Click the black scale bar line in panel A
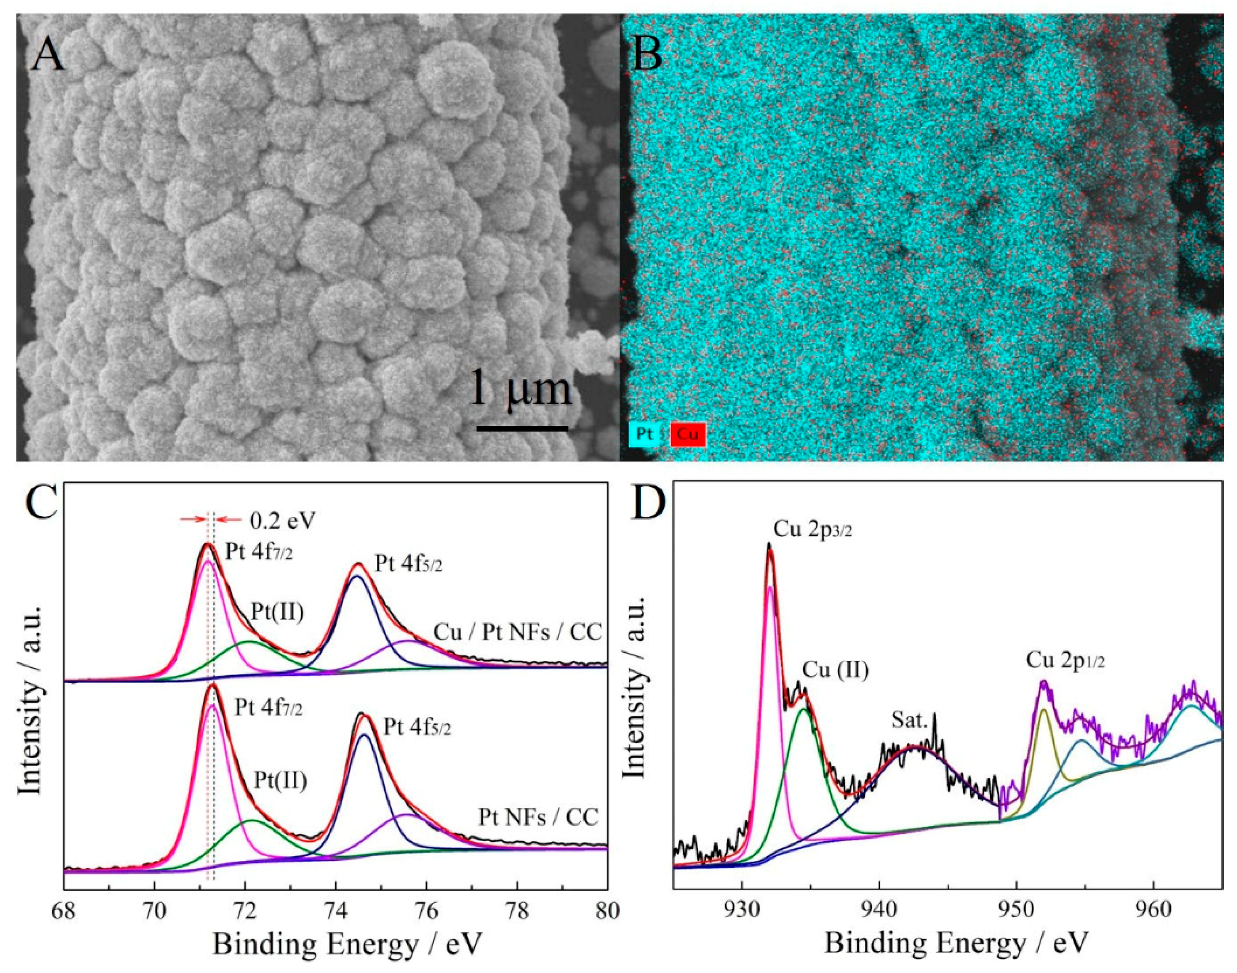pyautogui.click(x=522, y=428)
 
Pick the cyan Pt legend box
pyautogui.click(x=644, y=434)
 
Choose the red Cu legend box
pyautogui.click(x=689, y=434)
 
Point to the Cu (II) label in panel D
pyautogui.click(x=836, y=671)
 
